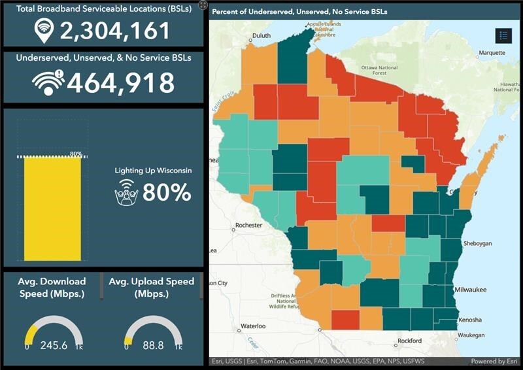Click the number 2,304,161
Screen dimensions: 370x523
pyautogui.click(x=115, y=30)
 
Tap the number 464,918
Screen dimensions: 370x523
pyautogui.click(x=121, y=83)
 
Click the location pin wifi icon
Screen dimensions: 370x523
pyautogui.click(x=44, y=29)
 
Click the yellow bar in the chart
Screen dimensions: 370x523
pyautogui.click(x=53, y=209)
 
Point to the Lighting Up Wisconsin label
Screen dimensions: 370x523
pyautogui.click(x=153, y=171)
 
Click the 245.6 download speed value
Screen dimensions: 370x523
pyautogui.click(x=54, y=345)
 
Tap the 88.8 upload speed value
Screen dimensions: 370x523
pyautogui.click(x=151, y=345)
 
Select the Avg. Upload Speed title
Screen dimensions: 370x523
pyautogui.click(x=151, y=288)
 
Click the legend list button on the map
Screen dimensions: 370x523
pyautogui.click(x=503, y=36)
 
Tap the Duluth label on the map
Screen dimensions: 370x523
pyautogui.click(x=261, y=36)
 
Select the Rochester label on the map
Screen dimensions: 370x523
pyautogui.click(x=248, y=225)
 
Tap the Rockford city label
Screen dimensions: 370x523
pyautogui.click(x=411, y=341)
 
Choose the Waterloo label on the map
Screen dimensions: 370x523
pyautogui.click(x=252, y=326)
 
